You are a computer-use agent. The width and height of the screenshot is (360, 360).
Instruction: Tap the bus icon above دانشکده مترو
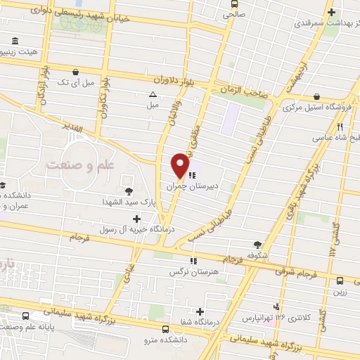coord(166,328)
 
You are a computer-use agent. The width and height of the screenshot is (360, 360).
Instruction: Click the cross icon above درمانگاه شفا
coord(200,311)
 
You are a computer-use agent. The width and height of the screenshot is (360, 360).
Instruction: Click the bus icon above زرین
coord(340,280)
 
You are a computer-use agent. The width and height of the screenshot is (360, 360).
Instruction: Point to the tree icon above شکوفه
coord(258,244)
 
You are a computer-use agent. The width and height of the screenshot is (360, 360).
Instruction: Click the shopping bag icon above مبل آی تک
coord(76,71)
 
